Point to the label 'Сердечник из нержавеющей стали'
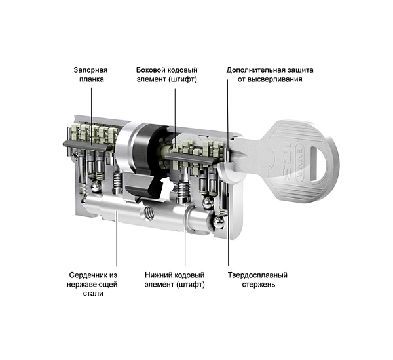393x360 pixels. (x=92, y=284)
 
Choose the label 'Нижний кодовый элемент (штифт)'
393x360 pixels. (x=174, y=279)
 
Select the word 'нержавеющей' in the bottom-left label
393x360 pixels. (x=92, y=284)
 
